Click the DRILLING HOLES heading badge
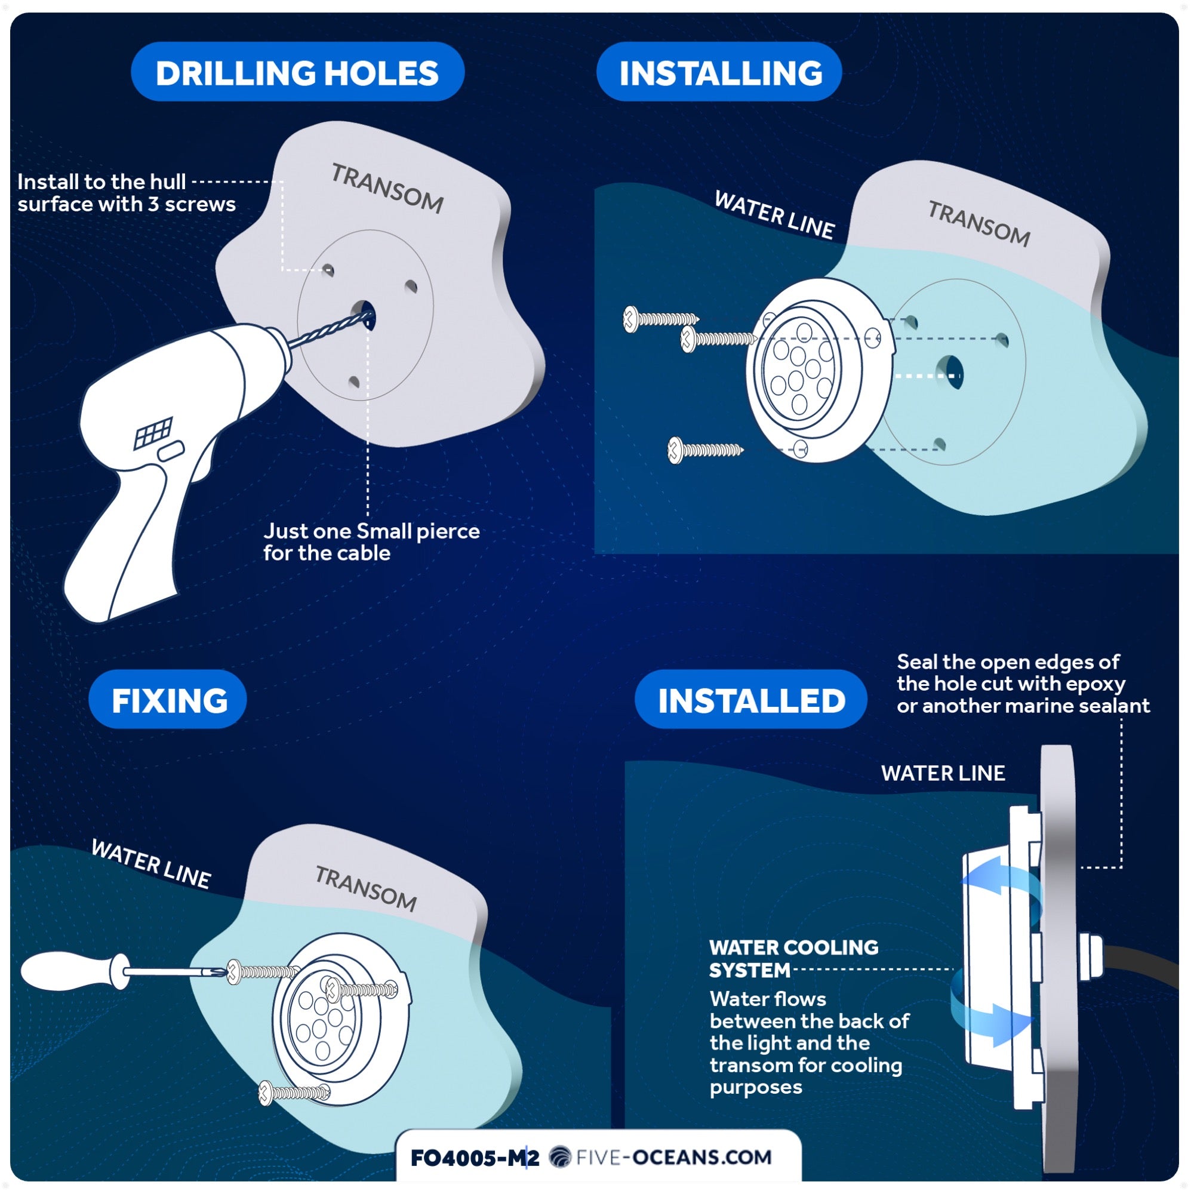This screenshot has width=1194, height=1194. [297, 72]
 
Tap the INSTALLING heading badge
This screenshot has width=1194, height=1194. [720, 72]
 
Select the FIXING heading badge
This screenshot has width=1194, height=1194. [169, 700]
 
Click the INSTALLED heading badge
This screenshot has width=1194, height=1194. [751, 700]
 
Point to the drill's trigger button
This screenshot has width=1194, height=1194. [171, 451]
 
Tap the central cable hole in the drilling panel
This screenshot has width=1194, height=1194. [364, 313]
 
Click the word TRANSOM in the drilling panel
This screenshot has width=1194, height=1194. [387, 188]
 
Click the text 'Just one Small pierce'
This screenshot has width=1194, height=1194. [371, 531]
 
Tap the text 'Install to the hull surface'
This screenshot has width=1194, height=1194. [102, 181]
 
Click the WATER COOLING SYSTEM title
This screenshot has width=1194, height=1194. [793, 959]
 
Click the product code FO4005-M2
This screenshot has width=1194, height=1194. [475, 1158]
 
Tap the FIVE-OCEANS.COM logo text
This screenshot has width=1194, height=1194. [673, 1157]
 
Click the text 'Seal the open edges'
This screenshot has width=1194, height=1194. [1007, 662]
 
